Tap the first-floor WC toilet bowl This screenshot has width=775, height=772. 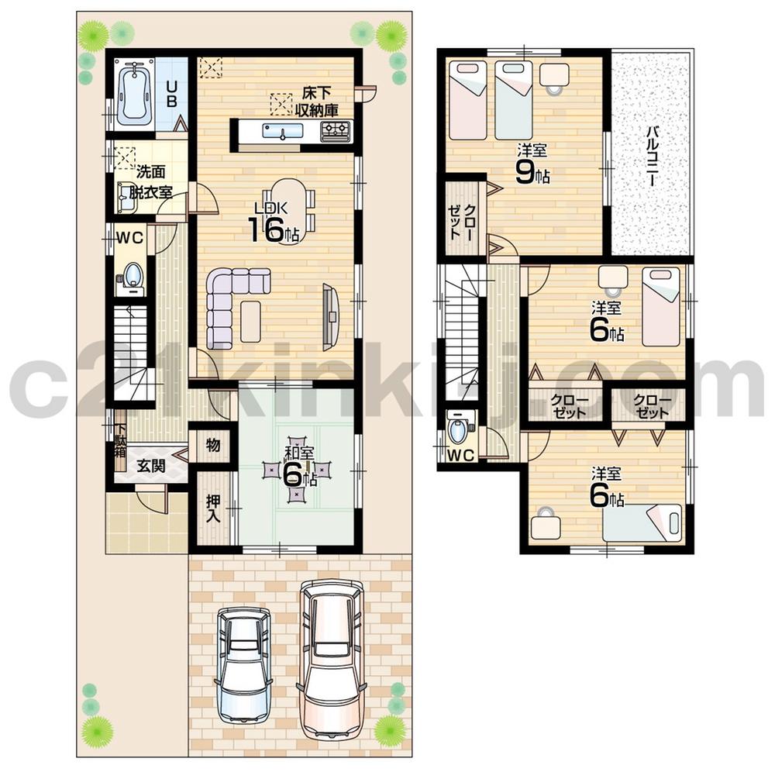(133, 277)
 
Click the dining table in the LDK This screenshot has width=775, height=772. (289, 203)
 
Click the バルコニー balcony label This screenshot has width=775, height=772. (653, 155)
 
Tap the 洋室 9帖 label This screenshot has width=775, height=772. (531, 164)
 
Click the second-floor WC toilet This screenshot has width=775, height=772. (458, 428)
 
